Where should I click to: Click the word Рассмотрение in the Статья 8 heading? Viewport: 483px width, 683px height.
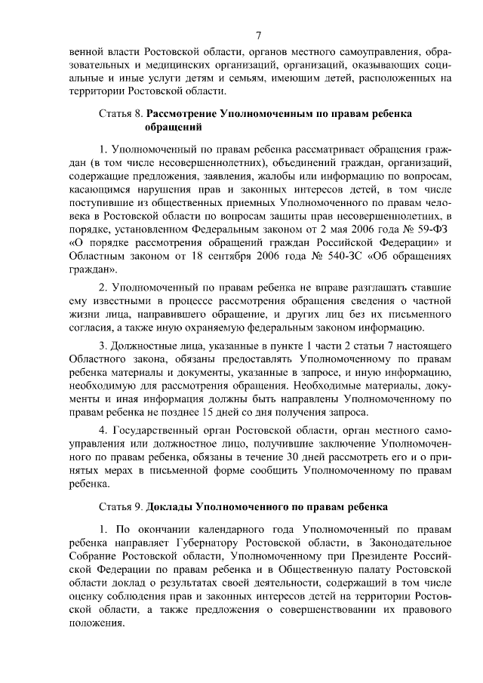tap(184, 114)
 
